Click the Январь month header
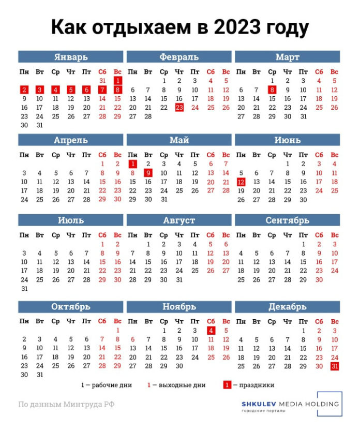[x=70, y=57]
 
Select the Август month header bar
[x=179, y=220]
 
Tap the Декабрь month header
[x=287, y=307]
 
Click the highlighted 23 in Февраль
[x=179, y=108]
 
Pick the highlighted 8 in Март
[x=272, y=90]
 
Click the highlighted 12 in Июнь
[x=241, y=182]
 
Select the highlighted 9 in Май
[x=148, y=173]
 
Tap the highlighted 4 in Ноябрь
[x=211, y=330]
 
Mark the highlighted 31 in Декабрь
[x=335, y=366]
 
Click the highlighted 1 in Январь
[x=117, y=81]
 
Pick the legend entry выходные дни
[x=179, y=385]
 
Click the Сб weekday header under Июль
[x=102, y=235]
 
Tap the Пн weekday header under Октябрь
[x=24, y=321]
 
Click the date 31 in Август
[x=179, y=280]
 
